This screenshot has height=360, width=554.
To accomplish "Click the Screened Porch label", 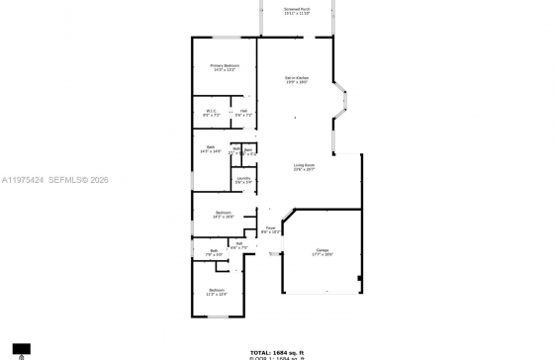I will pos(297,12).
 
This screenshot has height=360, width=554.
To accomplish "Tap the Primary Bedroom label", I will pos(225,66).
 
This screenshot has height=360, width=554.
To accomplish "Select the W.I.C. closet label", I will pos(212,113).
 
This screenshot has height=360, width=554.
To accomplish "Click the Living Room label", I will pos(304,167).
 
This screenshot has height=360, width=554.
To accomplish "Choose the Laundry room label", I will pos(243,179).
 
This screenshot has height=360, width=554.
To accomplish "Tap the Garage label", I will pos(323,252).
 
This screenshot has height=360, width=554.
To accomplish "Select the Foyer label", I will pos(269,229).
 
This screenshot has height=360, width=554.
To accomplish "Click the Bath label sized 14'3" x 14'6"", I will pos(212,148).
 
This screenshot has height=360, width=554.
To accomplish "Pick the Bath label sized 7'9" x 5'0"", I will pos(214,252).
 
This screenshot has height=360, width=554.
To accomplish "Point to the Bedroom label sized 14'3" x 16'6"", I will pos(224,214).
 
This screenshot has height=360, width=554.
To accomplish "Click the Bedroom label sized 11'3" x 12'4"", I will pos(217,292).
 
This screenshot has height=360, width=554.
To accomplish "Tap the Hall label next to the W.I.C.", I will pos(243,113).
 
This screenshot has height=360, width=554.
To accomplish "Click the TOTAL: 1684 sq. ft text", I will pos(277,351).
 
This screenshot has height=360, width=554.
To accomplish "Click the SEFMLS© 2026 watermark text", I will pos(82,180).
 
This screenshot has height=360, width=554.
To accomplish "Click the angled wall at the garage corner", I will pos(289,217).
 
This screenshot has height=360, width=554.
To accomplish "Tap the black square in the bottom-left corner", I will pos(22,349).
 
